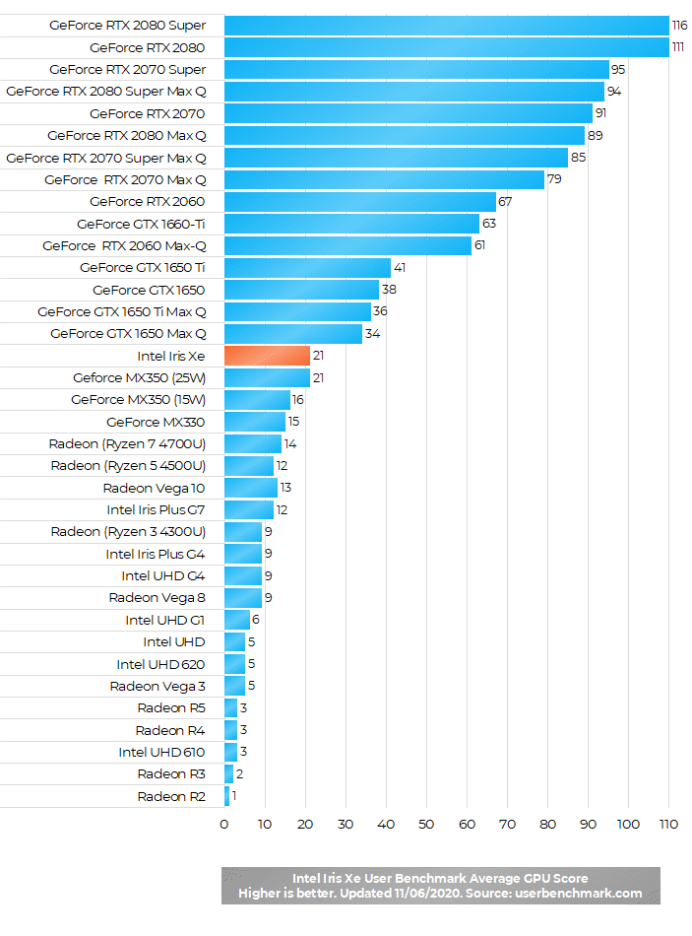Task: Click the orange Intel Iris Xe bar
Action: pyautogui.click(x=267, y=356)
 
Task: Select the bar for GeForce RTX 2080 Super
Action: pyautogui.click(x=446, y=26)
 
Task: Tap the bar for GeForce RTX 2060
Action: pyautogui.click(x=359, y=202)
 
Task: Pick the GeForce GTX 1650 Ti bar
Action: pyautogui.click(x=307, y=268)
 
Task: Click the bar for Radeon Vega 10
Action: pyautogui.click(x=250, y=488)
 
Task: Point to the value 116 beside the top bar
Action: pyautogui.click(x=679, y=26)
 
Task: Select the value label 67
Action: pyautogui.click(x=506, y=202)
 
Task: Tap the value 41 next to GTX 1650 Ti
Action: pyautogui.click(x=399, y=268)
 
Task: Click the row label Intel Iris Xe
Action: pyautogui.click(x=171, y=356)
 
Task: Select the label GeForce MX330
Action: pyautogui.click(x=156, y=422)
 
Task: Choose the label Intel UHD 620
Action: pyautogui.click(x=160, y=664)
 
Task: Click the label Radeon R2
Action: pyautogui.click(x=171, y=796)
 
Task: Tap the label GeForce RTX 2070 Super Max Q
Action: pyautogui.click(x=105, y=158)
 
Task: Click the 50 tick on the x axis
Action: pyautogui.click(x=426, y=824)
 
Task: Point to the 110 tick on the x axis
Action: pyautogui.click(x=668, y=824)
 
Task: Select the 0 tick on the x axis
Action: pyautogui.click(x=224, y=824)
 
